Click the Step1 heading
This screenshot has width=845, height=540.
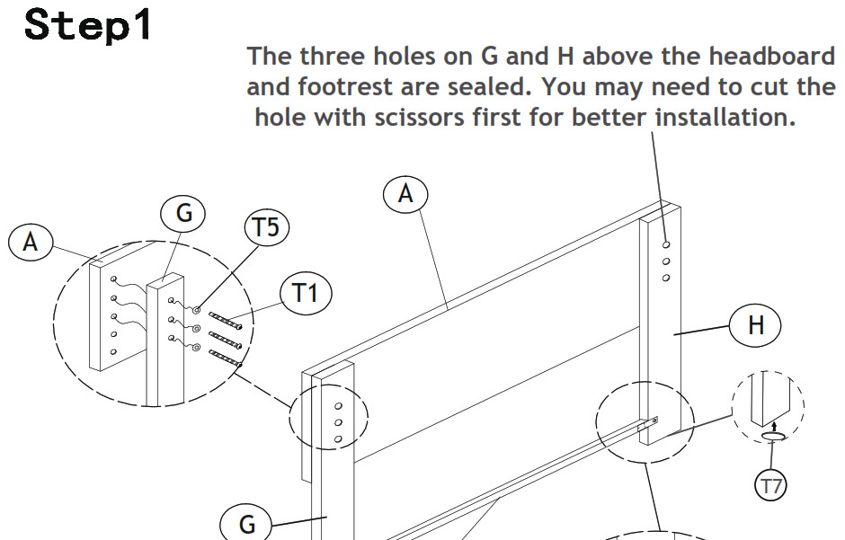[88, 25]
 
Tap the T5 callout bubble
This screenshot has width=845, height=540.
[267, 226]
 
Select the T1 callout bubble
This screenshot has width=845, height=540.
[306, 294]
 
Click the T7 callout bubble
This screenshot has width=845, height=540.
[770, 486]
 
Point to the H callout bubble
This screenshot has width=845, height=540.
[755, 325]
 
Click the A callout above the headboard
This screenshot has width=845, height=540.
[405, 194]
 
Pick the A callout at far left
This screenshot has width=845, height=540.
[31, 243]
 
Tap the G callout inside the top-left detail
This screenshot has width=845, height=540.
[183, 213]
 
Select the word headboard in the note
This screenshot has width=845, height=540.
[771, 56]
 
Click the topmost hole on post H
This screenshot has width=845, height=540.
[667, 244]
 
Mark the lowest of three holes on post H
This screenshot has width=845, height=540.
[666, 278]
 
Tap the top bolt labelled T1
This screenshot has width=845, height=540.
[226, 320]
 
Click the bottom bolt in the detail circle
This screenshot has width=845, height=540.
[226, 359]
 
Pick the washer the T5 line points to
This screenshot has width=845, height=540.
[197, 310]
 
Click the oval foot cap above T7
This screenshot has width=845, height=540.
[774, 436]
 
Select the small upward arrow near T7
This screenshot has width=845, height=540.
[774, 427]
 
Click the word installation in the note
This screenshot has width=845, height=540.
[725, 117]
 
